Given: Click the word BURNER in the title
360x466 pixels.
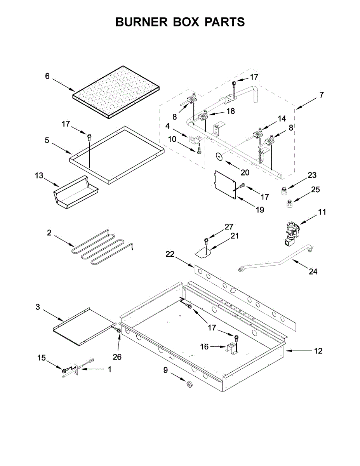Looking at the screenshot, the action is [x=142, y=22].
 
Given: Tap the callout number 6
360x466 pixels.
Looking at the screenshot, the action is [x=47, y=76].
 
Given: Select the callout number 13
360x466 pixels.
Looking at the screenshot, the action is [x=39, y=176].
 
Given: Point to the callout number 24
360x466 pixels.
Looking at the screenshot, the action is [x=313, y=272].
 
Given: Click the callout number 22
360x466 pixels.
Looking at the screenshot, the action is [x=170, y=254].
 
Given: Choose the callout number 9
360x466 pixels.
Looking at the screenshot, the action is [x=166, y=370].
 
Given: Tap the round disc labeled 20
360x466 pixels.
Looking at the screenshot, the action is [x=219, y=156].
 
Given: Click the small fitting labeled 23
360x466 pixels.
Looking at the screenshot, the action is [x=285, y=191].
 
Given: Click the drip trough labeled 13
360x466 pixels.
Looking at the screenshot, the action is [x=76, y=193].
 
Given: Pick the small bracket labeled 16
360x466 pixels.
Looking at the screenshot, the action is [x=232, y=349].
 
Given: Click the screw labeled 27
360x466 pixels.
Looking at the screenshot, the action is [x=206, y=241].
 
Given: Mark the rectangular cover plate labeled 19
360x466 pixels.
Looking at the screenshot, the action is [x=226, y=184].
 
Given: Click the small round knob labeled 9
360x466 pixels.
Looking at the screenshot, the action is [x=190, y=384].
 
